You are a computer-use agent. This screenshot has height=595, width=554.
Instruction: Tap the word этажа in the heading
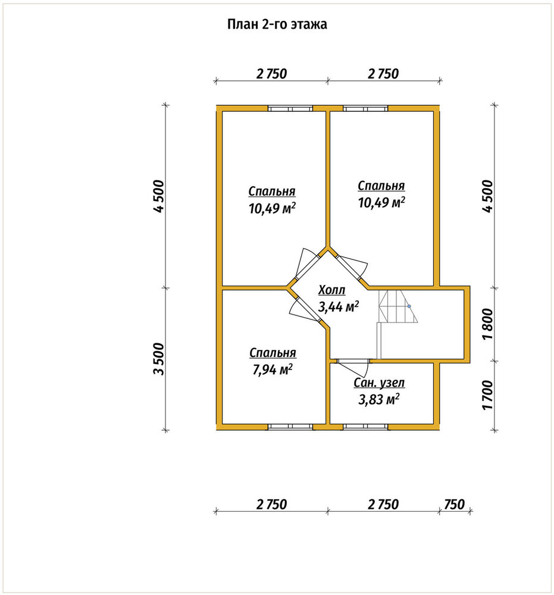(x=309, y=25)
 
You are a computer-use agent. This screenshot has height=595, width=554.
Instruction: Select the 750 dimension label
(x=454, y=505)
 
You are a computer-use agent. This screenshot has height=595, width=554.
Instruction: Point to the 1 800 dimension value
(x=488, y=324)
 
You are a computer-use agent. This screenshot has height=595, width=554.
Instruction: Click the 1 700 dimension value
(x=488, y=395)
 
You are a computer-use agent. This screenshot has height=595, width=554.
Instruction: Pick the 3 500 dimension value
(x=159, y=359)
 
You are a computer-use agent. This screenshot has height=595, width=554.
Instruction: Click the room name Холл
(x=332, y=290)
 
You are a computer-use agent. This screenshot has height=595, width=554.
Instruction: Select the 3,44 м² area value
(x=338, y=306)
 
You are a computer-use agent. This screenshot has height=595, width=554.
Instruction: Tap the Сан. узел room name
(x=379, y=383)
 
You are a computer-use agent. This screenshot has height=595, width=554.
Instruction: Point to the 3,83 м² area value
(x=378, y=399)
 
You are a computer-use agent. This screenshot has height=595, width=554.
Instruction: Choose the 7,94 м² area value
(x=273, y=369)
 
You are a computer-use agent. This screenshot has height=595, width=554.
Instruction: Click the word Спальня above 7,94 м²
(x=273, y=353)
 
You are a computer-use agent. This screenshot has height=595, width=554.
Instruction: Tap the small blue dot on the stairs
(x=409, y=306)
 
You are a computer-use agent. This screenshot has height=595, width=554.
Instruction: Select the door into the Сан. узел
(x=353, y=366)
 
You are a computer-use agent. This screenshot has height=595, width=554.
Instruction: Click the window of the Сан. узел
(x=365, y=427)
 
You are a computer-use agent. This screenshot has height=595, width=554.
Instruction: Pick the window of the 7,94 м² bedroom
(x=290, y=427)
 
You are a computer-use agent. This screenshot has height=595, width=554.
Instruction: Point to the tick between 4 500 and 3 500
(x=165, y=287)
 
